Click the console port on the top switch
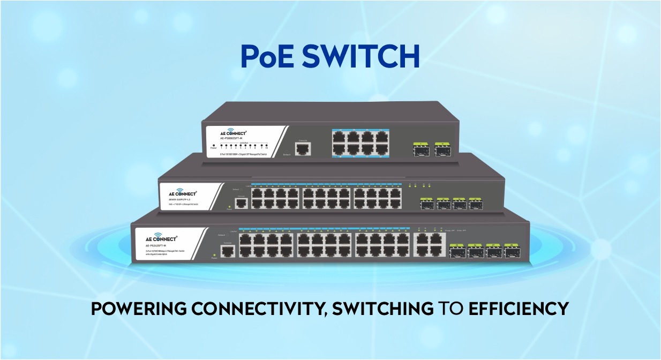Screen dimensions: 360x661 303,148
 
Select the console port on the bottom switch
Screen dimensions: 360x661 228,252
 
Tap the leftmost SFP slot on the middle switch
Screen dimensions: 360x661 427,205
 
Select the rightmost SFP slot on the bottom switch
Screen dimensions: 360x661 513,252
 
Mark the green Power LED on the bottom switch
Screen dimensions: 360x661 214,254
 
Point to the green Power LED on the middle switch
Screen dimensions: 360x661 229,206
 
